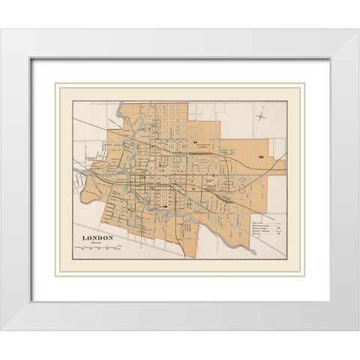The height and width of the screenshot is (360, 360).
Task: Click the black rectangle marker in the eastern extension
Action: click(261, 156)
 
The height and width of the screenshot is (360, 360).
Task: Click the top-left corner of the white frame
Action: click(2, 29)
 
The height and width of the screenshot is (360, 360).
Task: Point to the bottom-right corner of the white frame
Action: click(358, 330)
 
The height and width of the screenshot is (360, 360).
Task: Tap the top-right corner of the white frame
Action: click(358, 29)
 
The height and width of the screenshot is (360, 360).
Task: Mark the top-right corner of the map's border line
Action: click(288, 100)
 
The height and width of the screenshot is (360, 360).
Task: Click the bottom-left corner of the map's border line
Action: click(72, 260)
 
